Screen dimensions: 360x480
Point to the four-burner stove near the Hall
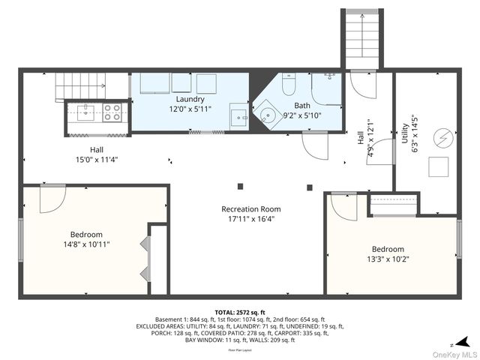(x=112, y=112)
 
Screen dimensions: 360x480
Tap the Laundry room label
(x=190, y=99)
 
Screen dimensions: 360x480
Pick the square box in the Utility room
(x=437, y=166)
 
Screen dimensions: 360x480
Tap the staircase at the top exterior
(x=365, y=37)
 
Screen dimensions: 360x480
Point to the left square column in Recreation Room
(x=240, y=185)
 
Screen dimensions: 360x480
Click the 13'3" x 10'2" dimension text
(x=388, y=259)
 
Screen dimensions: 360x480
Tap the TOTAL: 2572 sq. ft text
(x=240, y=312)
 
